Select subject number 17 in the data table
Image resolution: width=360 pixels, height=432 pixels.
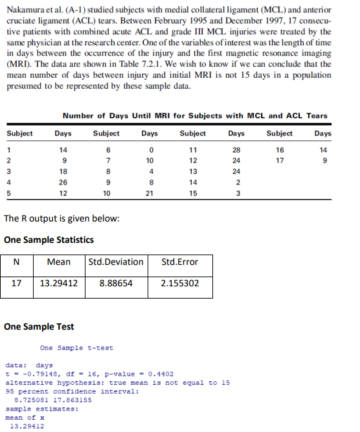pyautogui.click(x=280, y=161)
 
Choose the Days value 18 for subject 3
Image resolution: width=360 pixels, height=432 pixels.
pyautogui.click(x=63, y=172)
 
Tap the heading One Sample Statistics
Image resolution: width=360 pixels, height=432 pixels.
pyautogui.click(x=49, y=240)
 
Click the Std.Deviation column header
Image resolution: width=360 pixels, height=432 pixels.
pyautogui.click(x=117, y=262)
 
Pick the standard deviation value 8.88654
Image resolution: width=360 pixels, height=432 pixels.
pyautogui.click(x=117, y=283)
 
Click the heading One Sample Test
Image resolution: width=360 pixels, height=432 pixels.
pyautogui.click(x=39, y=326)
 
